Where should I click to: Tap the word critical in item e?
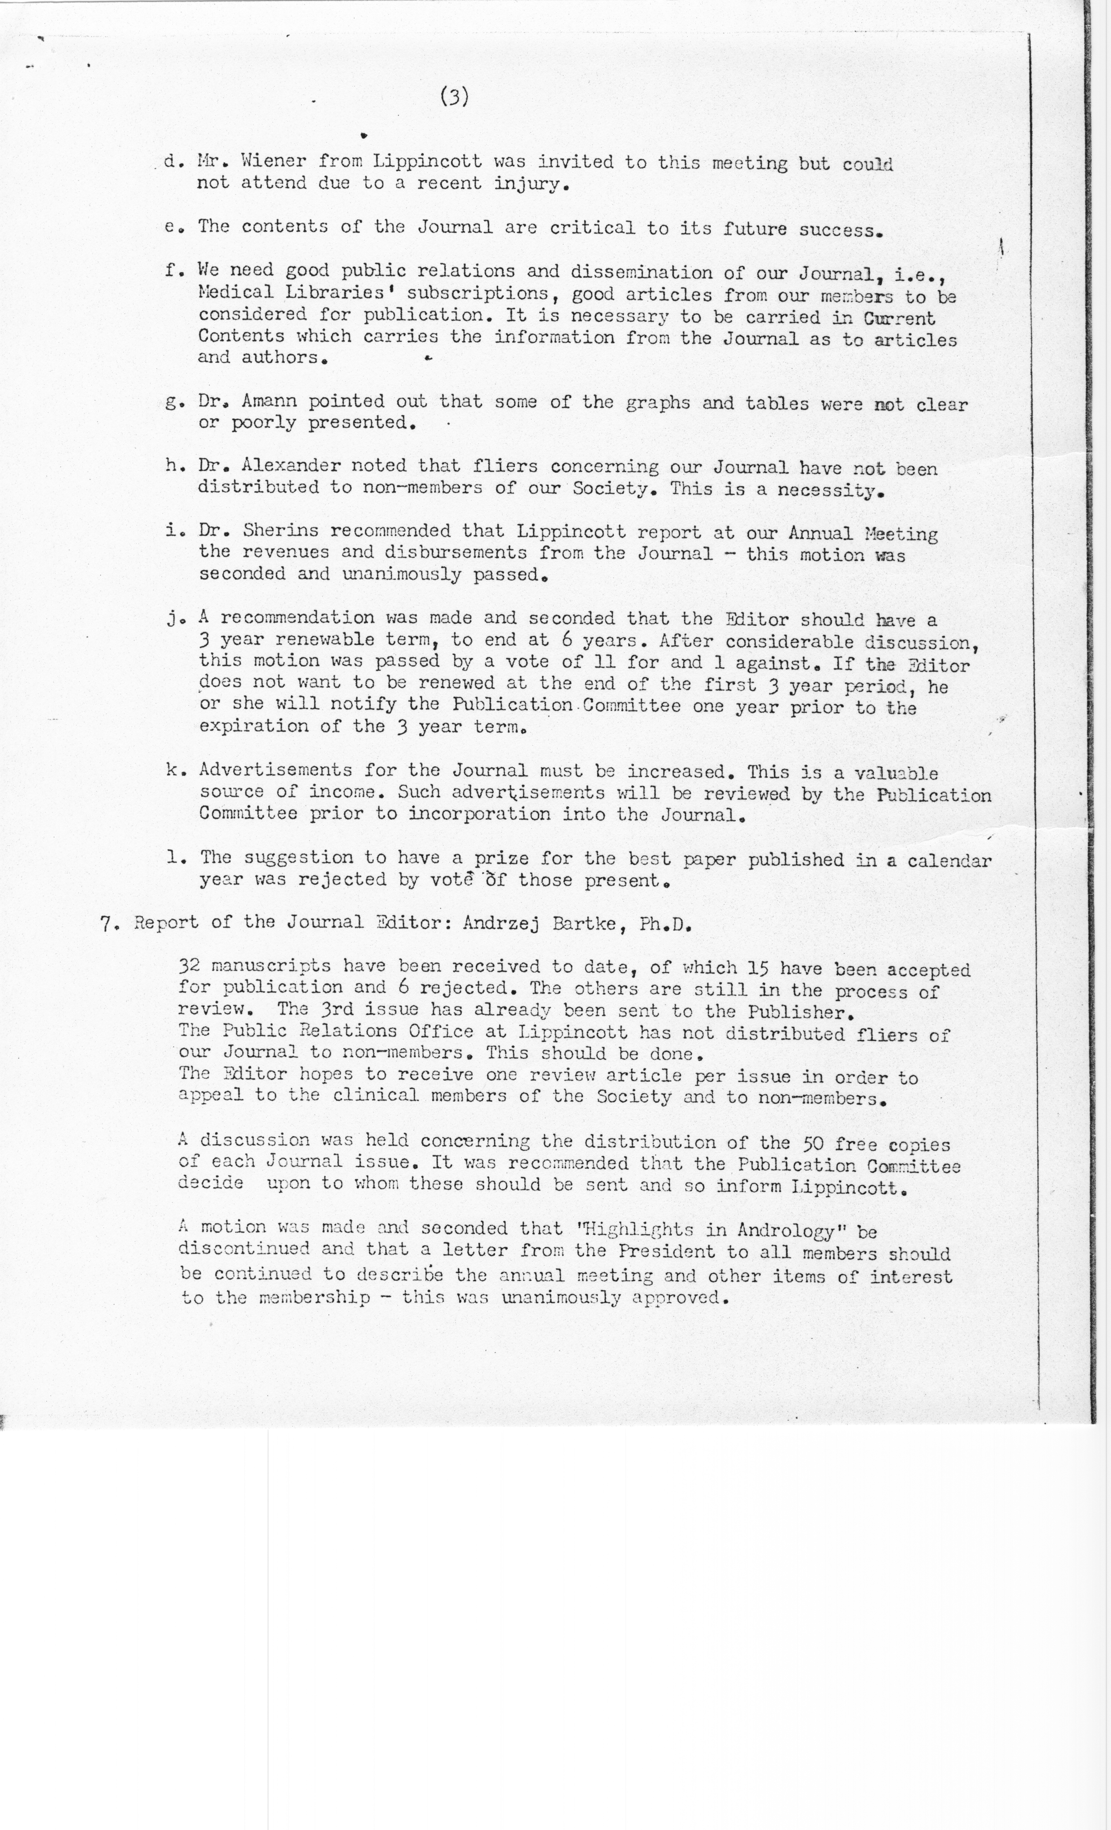coord(592,227)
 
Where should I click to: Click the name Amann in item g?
coord(264,402)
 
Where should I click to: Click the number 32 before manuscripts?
coord(189,966)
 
